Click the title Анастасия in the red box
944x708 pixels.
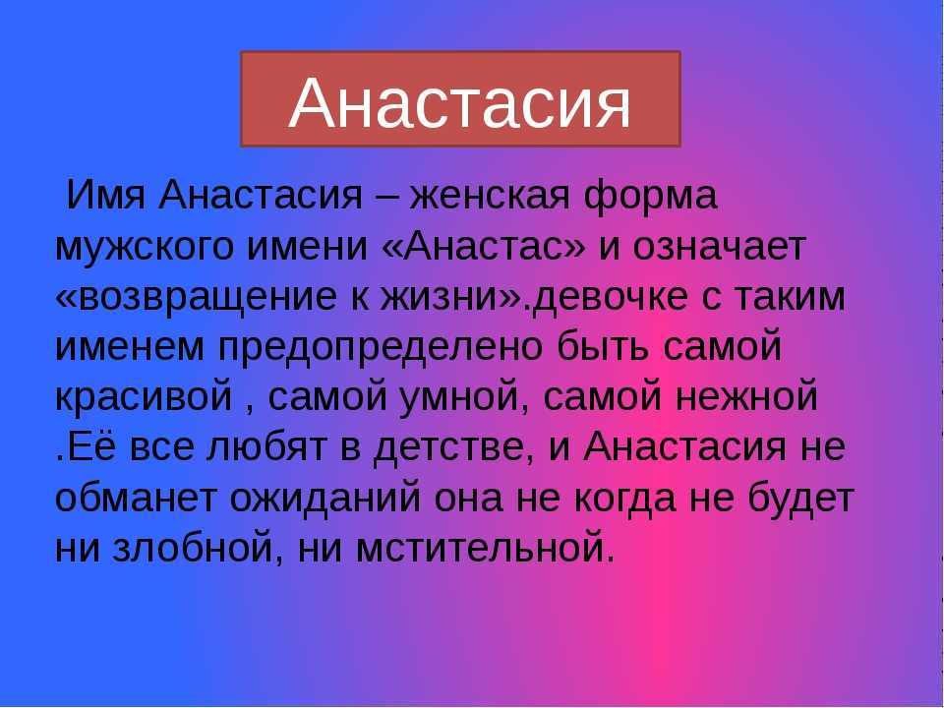click(460, 103)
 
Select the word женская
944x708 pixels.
click(490, 195)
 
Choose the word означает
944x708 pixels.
click(719, 246)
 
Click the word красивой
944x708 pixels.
click(144, 396)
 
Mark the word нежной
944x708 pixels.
click(746, 395)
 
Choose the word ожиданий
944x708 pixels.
click(325, 498)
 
